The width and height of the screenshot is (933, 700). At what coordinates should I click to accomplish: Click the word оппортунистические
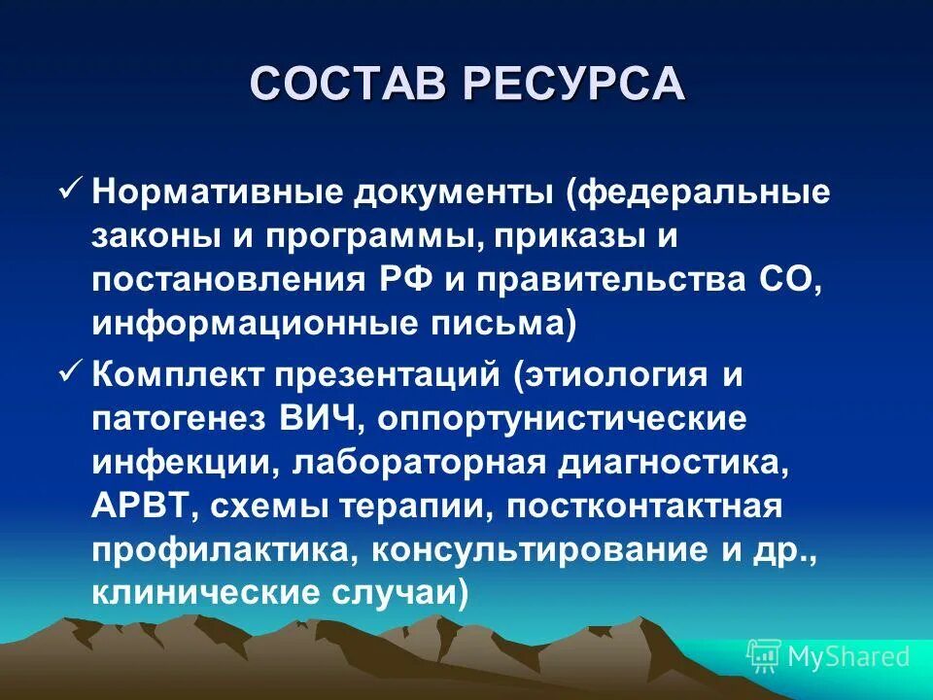[563, 418]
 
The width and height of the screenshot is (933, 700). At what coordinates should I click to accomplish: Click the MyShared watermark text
[848, 657]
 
